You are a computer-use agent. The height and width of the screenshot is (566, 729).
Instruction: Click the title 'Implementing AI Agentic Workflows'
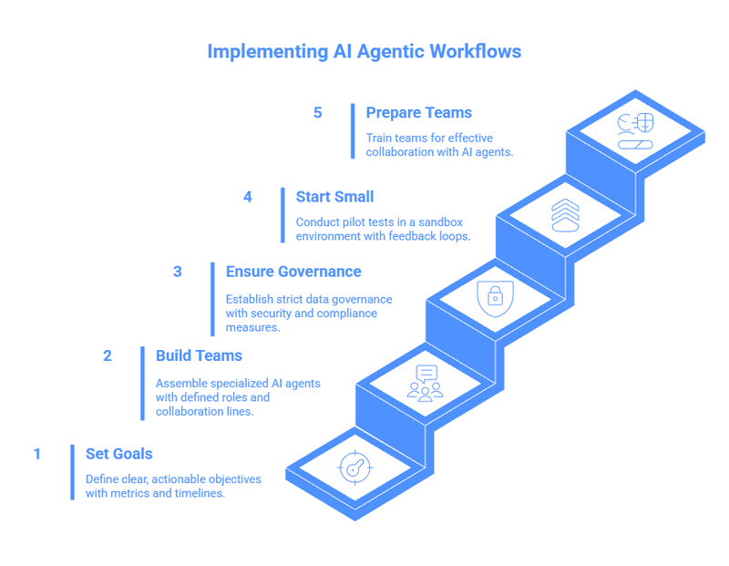(x=364, y=51)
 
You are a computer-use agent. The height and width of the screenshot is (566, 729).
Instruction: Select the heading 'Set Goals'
(x=118, y=454)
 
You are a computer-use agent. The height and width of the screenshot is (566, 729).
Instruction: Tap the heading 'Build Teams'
(x=199, y=355)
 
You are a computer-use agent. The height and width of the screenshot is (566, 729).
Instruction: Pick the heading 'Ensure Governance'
(x=293, y=272)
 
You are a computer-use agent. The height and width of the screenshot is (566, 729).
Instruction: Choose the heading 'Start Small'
(x=334, y=196)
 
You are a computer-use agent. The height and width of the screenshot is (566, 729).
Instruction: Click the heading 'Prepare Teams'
(x=418, y=113)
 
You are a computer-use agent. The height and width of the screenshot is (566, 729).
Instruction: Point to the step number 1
(x=37, y=454)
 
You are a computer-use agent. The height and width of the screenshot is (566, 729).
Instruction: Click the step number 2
(x=108, y=355)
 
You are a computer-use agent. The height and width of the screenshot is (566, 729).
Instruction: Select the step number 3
(x=178, y=272)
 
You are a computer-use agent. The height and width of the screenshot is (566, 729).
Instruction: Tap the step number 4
(x=248, y=196)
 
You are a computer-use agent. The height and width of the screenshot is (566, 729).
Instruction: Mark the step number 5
(x=318, y=113)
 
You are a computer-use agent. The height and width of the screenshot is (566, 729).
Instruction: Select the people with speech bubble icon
(x=426, y=383)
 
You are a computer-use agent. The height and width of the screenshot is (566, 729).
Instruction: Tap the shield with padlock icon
(x=495, y=298)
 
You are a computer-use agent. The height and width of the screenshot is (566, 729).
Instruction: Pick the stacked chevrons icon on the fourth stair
(x=565, y=214)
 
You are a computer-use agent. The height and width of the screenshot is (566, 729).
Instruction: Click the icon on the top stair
(x=635, y=130)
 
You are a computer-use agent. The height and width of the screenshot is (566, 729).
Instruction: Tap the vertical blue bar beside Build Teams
(x=142, y=383)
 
